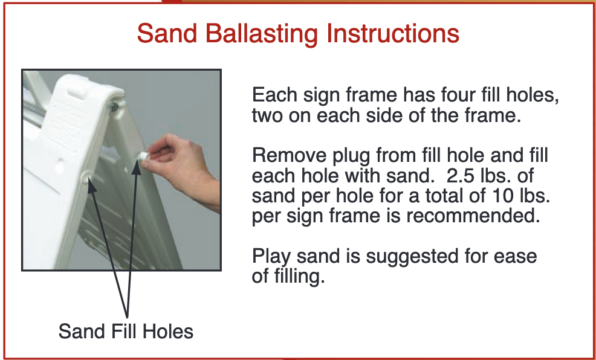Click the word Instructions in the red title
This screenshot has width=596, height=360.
point(393,33)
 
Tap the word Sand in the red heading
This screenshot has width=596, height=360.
point(167,33)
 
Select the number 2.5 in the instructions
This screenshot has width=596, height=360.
point(462,175)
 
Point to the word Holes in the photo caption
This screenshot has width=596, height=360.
point(170,331)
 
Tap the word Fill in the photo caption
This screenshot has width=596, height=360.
point(126,331)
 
